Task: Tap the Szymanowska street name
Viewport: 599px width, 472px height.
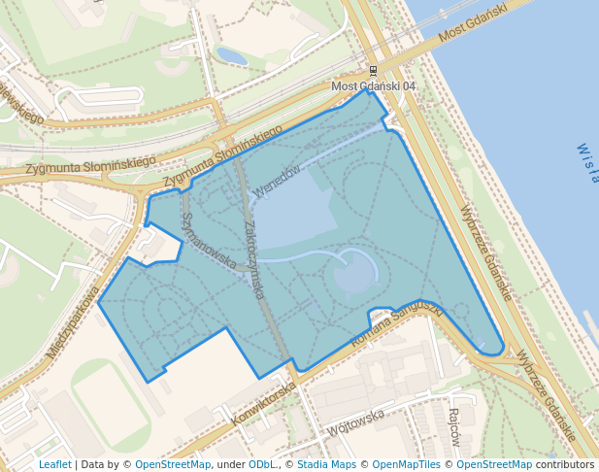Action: point(209,241)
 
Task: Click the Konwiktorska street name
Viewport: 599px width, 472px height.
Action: point(264,405)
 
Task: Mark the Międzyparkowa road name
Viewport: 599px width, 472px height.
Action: point(74,321)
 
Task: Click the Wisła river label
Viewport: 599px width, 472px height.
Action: point(587,164)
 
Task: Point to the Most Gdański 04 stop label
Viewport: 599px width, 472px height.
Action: point(374,86)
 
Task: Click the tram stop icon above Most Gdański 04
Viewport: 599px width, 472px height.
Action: point(374,71)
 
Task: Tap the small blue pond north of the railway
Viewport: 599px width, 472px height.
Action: point(231,56)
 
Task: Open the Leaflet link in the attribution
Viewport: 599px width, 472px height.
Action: point(54,464)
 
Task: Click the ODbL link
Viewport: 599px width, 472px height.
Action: point(261,464)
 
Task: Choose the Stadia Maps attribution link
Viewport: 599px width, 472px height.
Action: point(325,464)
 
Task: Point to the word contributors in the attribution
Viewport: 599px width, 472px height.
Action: point(564,464)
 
